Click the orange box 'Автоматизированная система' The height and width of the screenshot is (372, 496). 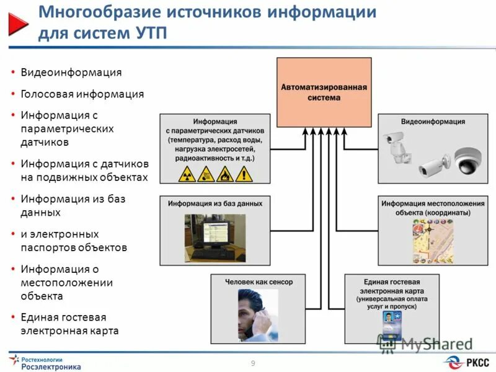pyautogui.click(x=324, y=92)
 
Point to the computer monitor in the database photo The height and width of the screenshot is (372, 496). pyautogui.click(x=207, y=232)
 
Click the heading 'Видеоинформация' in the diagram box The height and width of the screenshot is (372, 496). pyautogui.click(x=424, y=122)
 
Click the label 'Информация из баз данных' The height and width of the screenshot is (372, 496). pyautogui.click(x=215, y=203)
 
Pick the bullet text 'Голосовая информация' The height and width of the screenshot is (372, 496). pyautogui.click(x=82, y=94)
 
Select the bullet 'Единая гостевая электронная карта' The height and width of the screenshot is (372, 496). pyautogui.click(x=69, y=323)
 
